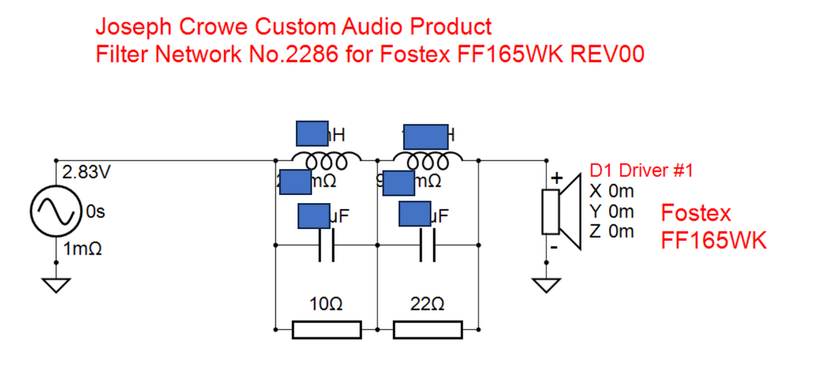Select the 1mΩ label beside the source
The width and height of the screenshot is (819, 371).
click(x=82, y=249)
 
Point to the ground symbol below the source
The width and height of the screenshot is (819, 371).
click(x=56, y=285)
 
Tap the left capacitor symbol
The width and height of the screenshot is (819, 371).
click(x=326, y=246)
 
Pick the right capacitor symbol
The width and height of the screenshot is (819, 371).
click(x=428, y=246)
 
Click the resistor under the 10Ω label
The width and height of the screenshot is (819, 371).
click(x=326, y=330)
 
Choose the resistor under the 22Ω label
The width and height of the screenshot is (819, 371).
click(x=428, y=330)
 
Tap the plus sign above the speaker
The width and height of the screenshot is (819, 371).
click(x=556, y=179)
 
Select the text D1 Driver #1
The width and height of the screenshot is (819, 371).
click(x=640, y=171)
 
